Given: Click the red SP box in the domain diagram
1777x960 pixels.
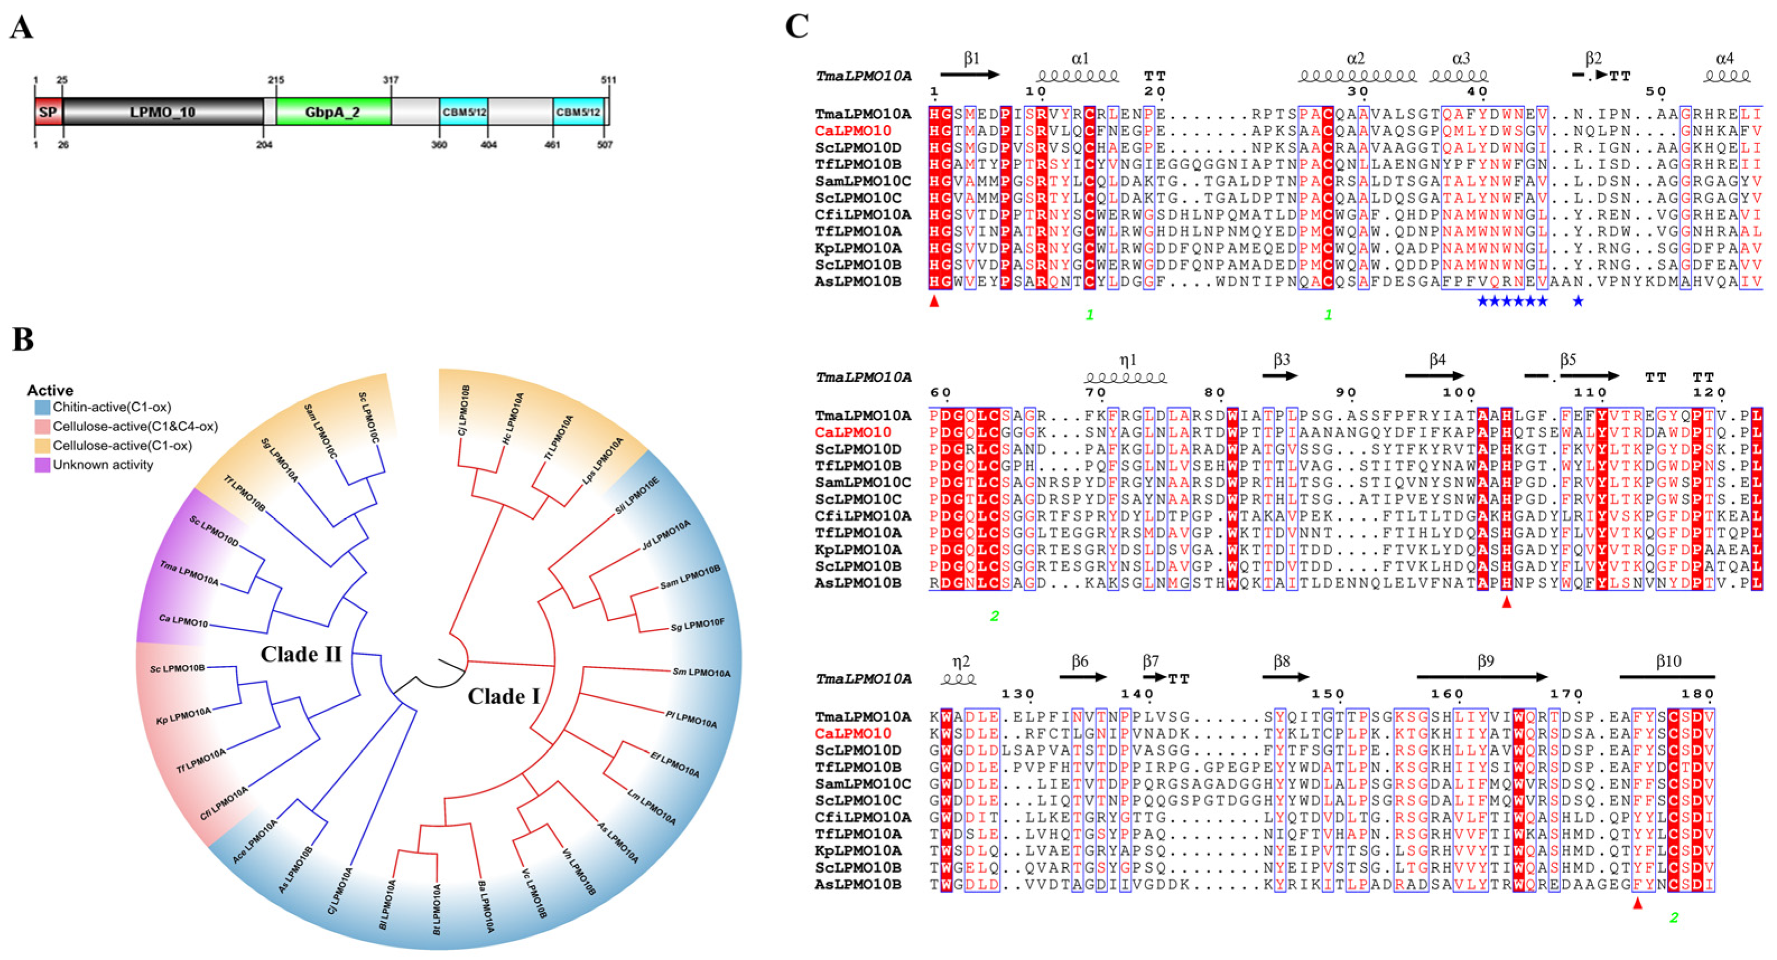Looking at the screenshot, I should pos(48,111).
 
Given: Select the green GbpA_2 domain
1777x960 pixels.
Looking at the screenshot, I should pos(334,111).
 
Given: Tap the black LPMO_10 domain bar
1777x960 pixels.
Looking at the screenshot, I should pos(163,111).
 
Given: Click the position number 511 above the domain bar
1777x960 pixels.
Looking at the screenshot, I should pos(608,80).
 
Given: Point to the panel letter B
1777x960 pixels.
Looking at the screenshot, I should pos(23,339).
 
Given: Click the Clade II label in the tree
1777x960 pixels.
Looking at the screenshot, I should pos(301,654).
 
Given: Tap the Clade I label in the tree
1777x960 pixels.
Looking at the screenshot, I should pos(504,697).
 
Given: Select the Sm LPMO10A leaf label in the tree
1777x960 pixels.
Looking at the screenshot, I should pos(701,673).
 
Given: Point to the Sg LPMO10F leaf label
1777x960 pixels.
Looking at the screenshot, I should pos(697,626).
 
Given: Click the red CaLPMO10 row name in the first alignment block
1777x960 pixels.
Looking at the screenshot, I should pos(853,131).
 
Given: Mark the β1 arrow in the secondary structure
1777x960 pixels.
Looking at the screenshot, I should pos(970,74).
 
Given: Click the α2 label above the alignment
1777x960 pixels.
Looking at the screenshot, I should pos(1356,59).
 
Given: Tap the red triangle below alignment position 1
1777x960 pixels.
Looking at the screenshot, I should pos(934,301).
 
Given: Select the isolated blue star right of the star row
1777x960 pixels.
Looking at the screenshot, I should pos(1578,301).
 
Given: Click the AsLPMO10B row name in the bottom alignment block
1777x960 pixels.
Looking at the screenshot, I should pos(858,885).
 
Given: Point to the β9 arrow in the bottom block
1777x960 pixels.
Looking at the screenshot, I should pos(1482,678).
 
